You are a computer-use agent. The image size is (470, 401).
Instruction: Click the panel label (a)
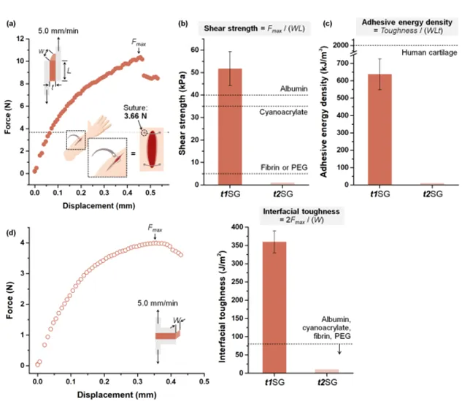click(x=10, y=24)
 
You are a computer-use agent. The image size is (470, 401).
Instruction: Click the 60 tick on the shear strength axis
click(x=195, y=50)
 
